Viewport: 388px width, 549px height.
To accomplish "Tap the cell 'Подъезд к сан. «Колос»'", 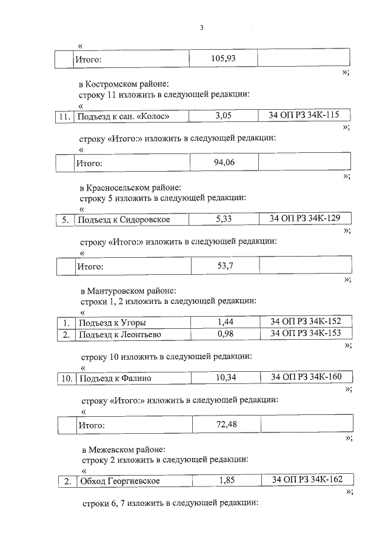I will pos(121,116).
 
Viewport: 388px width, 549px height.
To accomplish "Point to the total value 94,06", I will pos(224,162).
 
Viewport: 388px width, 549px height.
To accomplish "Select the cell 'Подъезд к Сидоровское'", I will pos(124,220).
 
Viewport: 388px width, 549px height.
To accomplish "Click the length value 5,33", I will pos(224,219).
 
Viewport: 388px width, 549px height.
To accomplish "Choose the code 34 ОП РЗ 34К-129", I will pos(305,218).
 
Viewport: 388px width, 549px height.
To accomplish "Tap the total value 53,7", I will pos(225,265).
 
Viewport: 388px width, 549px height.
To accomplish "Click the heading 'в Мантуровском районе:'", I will pos(128,291).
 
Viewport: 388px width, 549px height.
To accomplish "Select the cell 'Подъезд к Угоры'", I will pos(112,323).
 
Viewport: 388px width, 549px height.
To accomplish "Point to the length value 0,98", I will pos(225,334).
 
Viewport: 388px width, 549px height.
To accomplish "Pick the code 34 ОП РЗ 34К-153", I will pos(306,333).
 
